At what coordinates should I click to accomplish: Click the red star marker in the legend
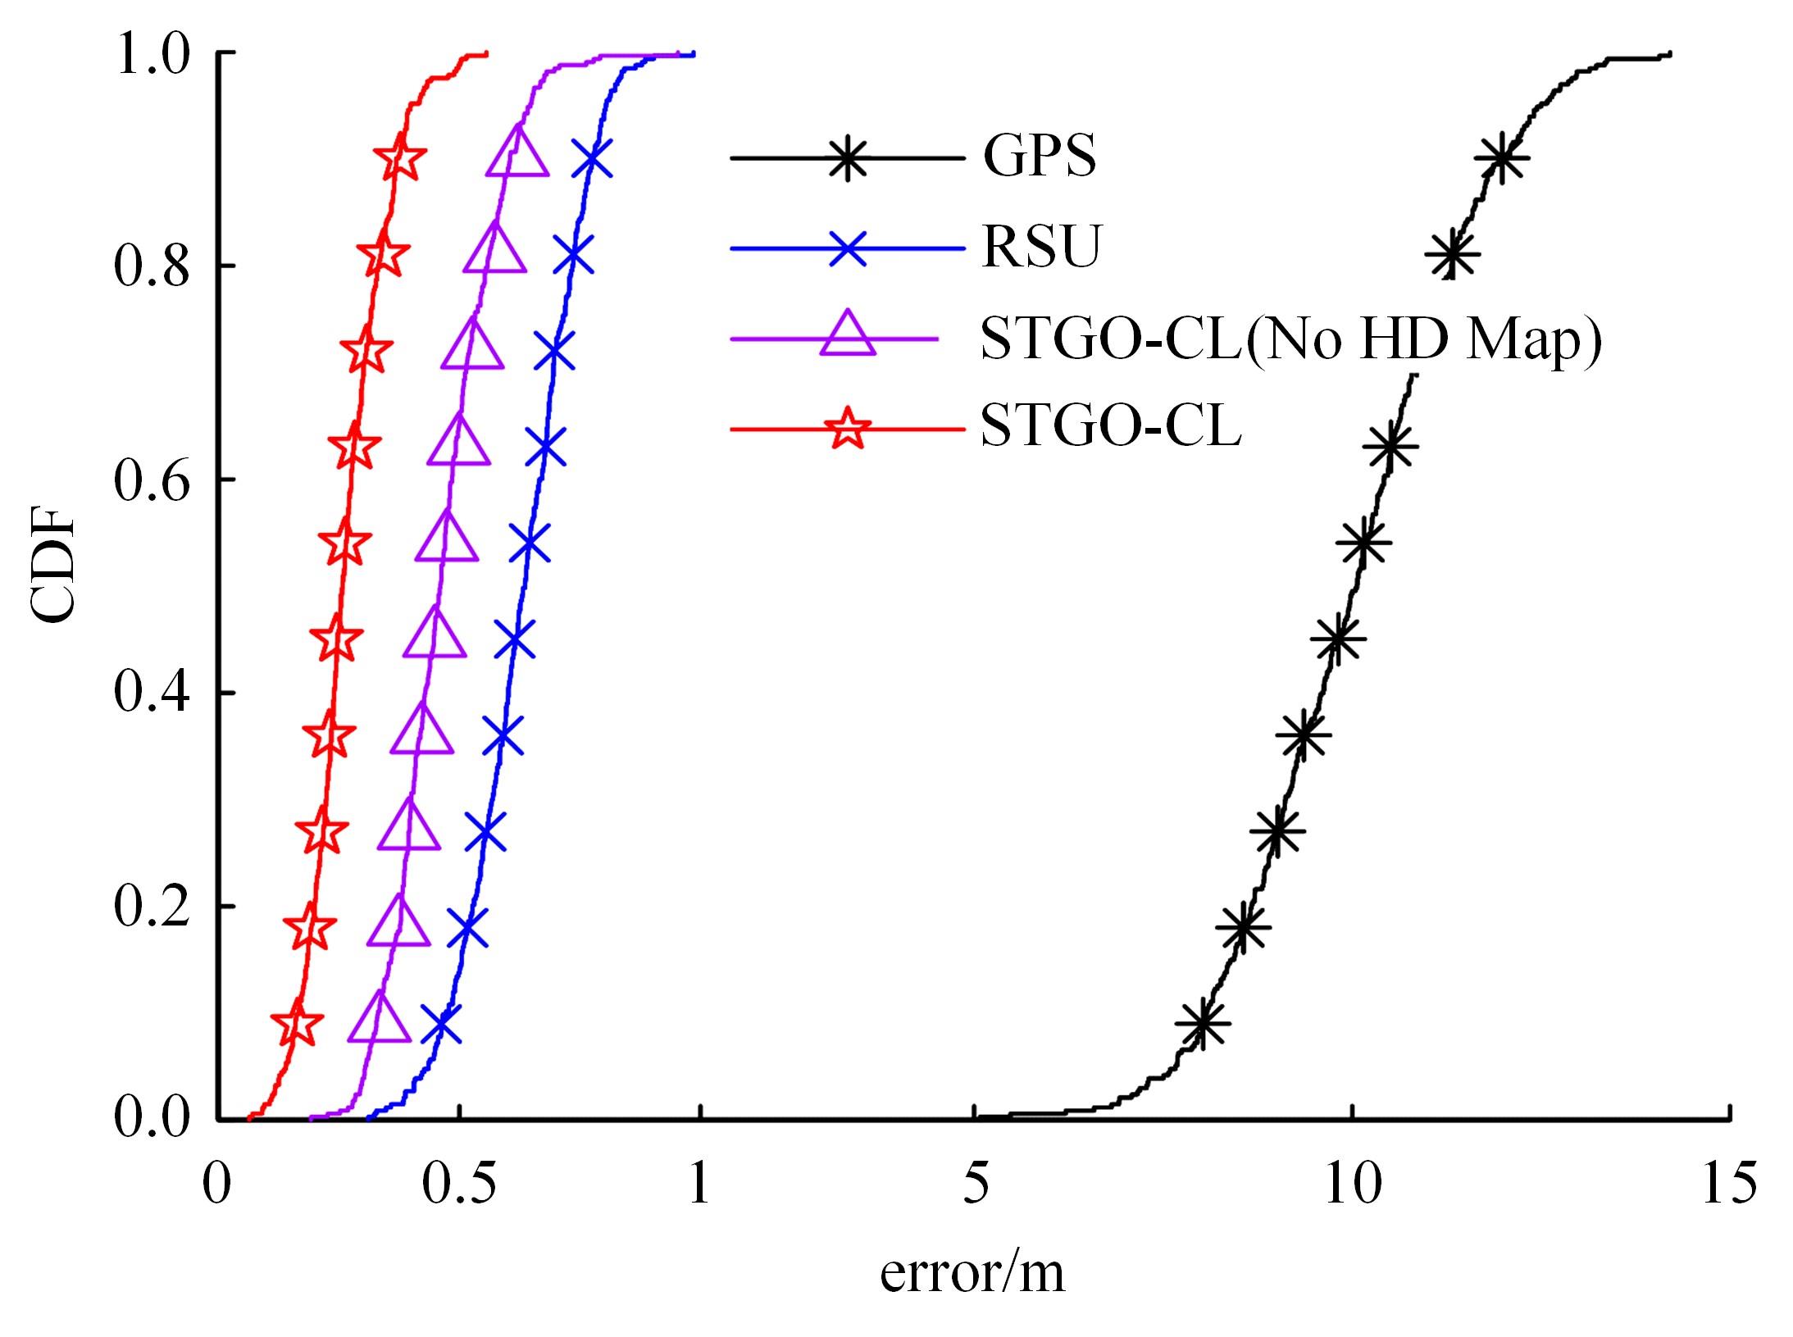[x=848, y=429]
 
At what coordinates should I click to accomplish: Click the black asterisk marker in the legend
[x=848, y=157]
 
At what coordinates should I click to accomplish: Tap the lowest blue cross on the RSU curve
[x=441, y=1024]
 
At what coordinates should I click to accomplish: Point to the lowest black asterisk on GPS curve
[x=1203, y=1023]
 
